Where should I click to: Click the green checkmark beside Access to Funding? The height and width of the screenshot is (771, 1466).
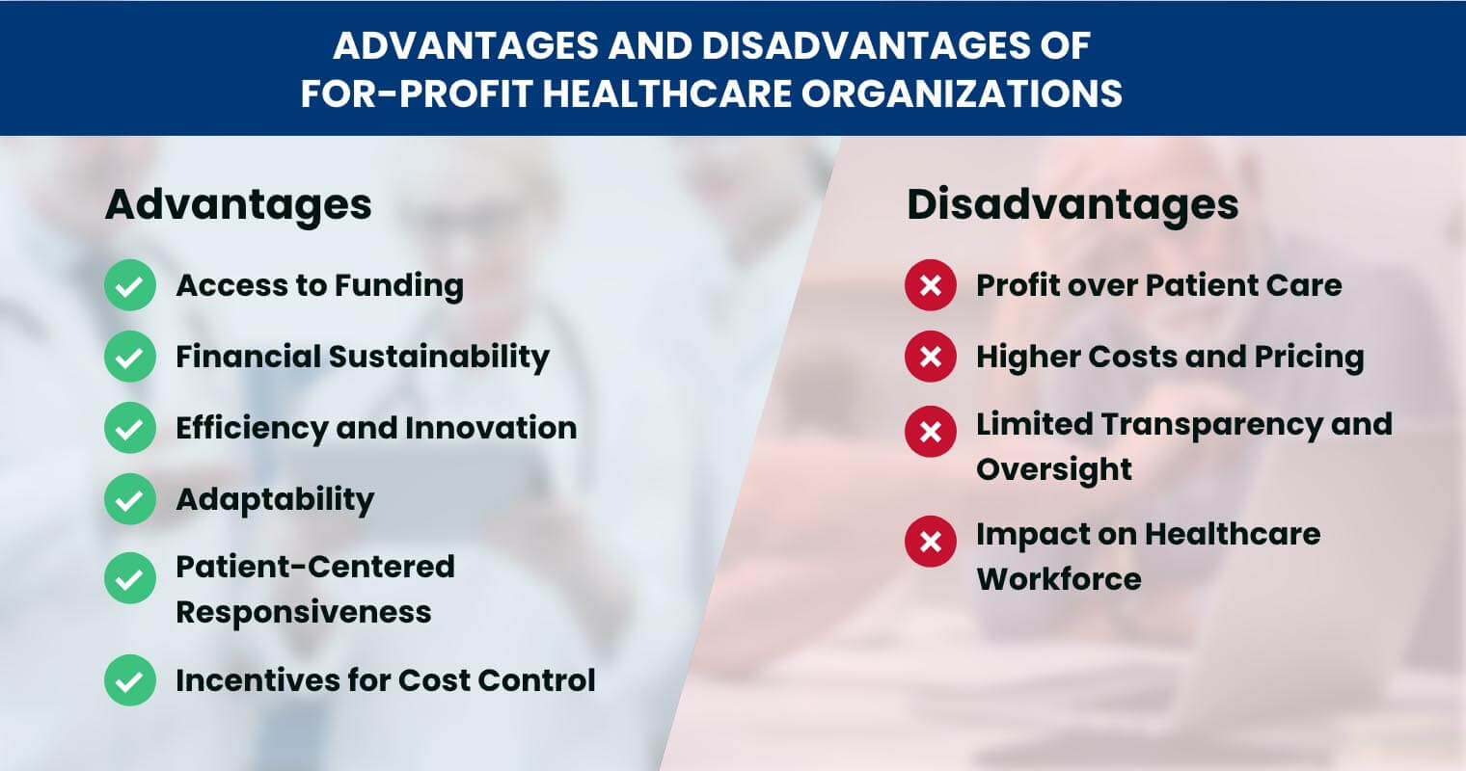(x=129, y=285)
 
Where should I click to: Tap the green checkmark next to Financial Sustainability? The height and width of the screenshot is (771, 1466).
(x=129, y=357)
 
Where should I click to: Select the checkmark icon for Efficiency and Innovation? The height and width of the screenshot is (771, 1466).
(x=129, y=428)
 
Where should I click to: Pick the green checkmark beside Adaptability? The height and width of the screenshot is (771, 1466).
(x=129, y=499)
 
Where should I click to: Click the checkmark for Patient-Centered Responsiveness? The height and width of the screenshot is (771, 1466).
(x=129, y=578)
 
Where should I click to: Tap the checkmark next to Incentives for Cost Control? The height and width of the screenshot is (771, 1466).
(x=129, y=680)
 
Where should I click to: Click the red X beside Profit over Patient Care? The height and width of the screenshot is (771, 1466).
(x=931, y=285)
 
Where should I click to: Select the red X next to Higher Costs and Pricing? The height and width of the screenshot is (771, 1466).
(x=931, y=357)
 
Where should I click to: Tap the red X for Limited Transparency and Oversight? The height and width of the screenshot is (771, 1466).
(x=931, y=432)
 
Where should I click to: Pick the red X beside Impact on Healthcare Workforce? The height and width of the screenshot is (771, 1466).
(x=931, y=542)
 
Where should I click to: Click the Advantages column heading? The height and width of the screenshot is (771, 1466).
(x=238, y=205)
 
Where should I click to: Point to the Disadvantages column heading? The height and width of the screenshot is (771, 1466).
(x=1072, y=204)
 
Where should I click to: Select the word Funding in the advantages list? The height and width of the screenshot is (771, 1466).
(x=399, y=286)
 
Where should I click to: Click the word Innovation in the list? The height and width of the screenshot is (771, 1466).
(x=491, y=428)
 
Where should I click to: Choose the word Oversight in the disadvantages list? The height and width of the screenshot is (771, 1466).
(x=1053, y=470)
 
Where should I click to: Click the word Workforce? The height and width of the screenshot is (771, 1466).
(x=1059, y=579)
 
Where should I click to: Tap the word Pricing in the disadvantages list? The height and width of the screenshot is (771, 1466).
(x=1309, y=358)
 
